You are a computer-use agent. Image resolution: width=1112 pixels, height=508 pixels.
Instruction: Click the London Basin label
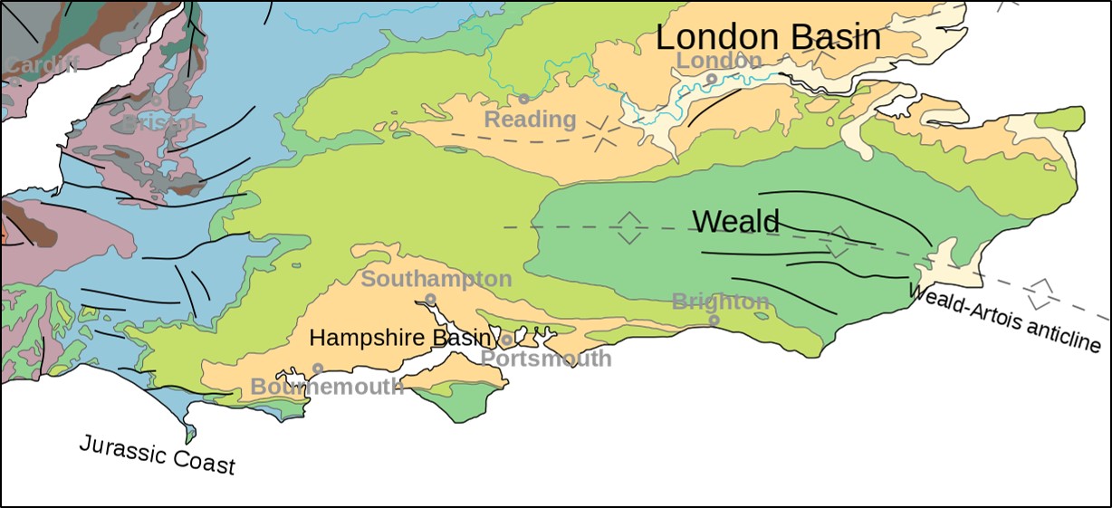point(768,38)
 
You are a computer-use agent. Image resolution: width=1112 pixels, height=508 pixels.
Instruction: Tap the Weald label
point(735,221)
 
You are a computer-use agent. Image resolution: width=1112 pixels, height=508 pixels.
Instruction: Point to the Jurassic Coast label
point(157,455)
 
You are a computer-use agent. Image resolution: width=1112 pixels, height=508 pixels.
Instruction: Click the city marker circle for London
point(712,79)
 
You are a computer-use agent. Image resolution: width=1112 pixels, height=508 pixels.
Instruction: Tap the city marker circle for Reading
point(523,99)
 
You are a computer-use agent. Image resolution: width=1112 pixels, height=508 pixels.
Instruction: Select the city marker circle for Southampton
point(430,299)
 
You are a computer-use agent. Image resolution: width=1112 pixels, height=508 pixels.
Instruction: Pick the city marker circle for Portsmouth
point(507,340)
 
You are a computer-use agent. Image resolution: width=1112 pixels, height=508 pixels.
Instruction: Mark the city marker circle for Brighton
point(714,320)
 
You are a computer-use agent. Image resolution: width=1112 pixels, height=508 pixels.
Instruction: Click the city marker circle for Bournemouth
point(318,368)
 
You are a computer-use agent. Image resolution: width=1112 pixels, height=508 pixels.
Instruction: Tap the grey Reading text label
point(530,120)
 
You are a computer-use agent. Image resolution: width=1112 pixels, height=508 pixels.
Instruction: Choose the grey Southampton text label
point(436,279)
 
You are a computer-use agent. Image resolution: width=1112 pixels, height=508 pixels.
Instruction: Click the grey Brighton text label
point(720,302)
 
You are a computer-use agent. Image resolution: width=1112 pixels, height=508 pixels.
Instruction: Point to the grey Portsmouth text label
point(545,359)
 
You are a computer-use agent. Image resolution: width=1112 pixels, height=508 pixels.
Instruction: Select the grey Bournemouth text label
point(327,387)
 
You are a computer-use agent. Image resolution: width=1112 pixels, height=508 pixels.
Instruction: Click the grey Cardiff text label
point(41,64)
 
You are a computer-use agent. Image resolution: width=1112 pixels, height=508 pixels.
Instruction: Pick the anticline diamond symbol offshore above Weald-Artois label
point(1043,292)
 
